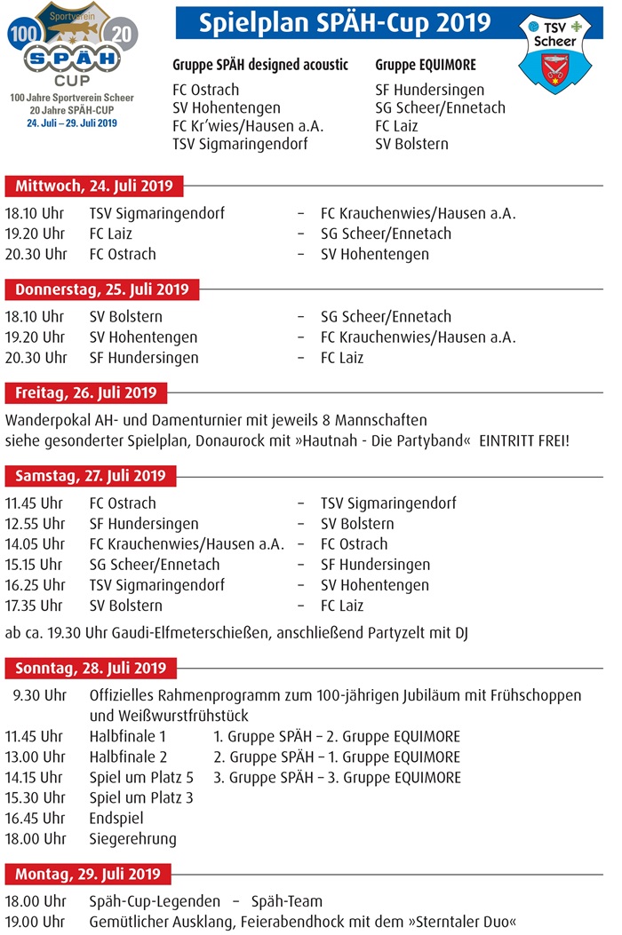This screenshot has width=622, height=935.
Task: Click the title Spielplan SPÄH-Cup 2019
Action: [x=345, y=21]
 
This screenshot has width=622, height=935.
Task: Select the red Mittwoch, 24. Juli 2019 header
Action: [x=92, y=186]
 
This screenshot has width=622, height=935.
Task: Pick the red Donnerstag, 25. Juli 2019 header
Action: [x=101, y=289]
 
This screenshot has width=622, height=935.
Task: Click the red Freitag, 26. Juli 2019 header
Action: [x=85, y=392]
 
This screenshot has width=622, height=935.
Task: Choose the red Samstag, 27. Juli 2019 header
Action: [x=90, y=476]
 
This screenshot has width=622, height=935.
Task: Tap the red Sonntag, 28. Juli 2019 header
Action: [x=90, y=668]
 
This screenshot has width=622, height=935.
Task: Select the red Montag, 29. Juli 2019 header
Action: [x=87, y=875]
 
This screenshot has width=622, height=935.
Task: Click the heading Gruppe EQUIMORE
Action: [x=426, y=66]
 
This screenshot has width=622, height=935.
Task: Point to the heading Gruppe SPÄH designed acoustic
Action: [x=260, y=66]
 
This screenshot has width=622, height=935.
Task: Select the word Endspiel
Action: [x=116, y=819]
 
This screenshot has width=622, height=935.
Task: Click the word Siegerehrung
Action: [x=132, y=839]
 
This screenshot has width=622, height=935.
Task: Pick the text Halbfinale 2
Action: [x=128, y=757]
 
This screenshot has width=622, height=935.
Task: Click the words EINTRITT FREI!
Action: [x=523, y=440]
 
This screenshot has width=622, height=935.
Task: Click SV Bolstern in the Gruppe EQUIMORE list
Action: [x=411, y=144]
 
